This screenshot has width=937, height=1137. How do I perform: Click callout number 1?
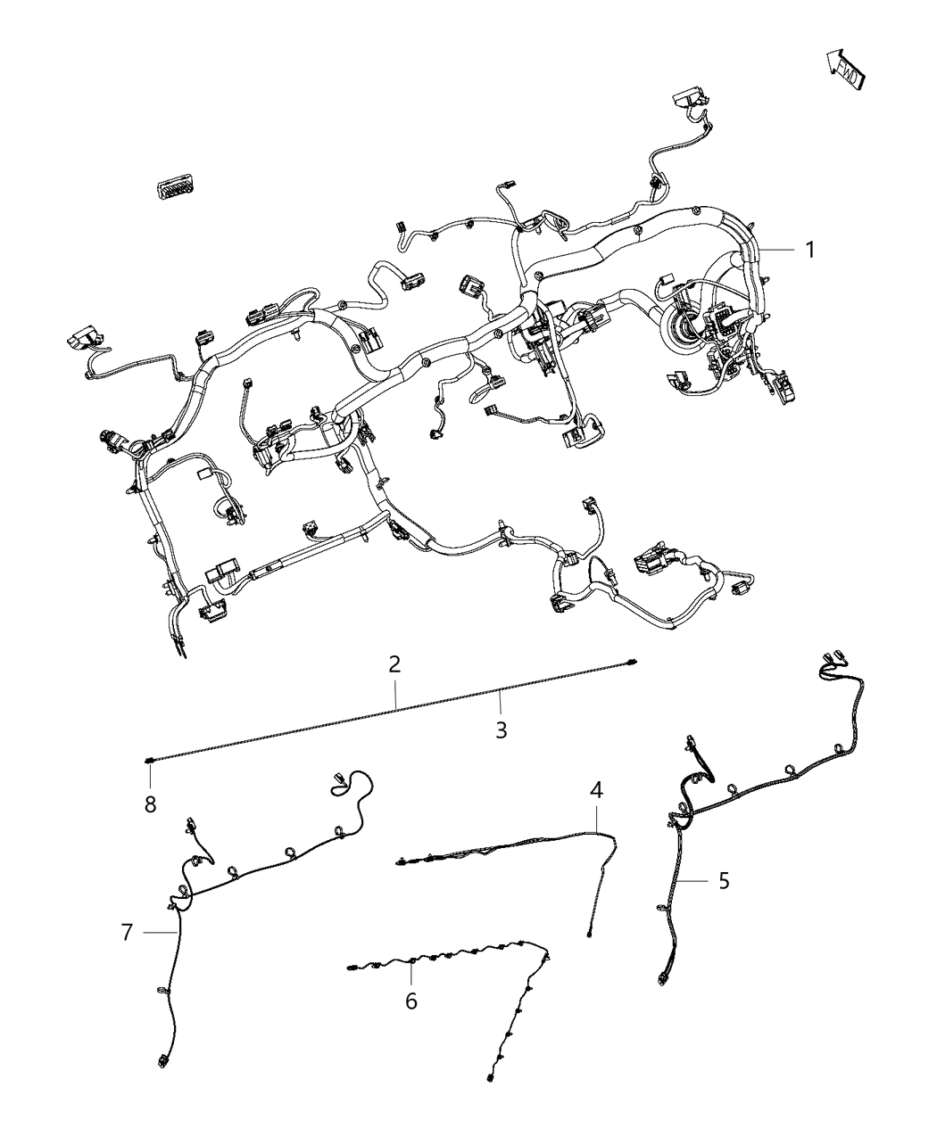809,251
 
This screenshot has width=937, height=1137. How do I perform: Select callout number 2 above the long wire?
394,664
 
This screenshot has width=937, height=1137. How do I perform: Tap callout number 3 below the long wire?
502,730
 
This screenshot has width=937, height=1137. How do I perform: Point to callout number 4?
596,789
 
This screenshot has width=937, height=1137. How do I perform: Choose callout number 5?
724,881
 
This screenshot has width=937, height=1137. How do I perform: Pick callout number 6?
410,1001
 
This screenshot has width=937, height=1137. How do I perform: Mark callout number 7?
127,933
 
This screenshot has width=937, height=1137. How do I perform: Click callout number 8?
150,804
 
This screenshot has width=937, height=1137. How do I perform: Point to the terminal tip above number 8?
148,761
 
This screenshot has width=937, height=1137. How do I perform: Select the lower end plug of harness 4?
591,935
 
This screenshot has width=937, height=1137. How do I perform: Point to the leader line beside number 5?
695,881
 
